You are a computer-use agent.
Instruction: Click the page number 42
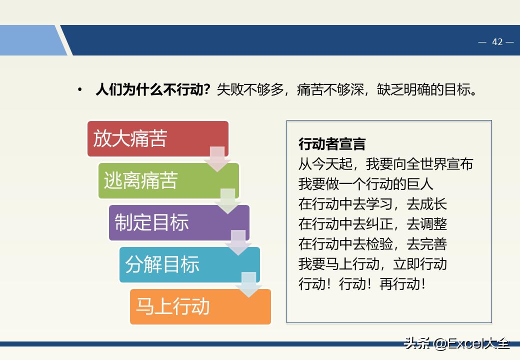[x=497, y=42]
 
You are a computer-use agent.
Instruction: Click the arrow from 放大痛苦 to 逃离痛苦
[x=217, y=159]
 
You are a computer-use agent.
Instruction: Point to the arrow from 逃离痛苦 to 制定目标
[x=227, y=201]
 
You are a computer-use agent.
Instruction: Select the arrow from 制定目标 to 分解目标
[x=238, y=243]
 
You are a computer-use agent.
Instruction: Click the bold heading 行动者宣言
[x=332, y=144]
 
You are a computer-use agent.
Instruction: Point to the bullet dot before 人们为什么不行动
[x=79, y=90]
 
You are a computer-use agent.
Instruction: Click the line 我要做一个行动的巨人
[x=365, y=184]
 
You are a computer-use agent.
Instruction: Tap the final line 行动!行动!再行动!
[x=362, y=284]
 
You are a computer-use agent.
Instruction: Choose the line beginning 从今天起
[x=385, y=164]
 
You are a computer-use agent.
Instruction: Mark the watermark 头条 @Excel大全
[x=457, y=343]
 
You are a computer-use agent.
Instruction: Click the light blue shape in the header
[x=30, y=40]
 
